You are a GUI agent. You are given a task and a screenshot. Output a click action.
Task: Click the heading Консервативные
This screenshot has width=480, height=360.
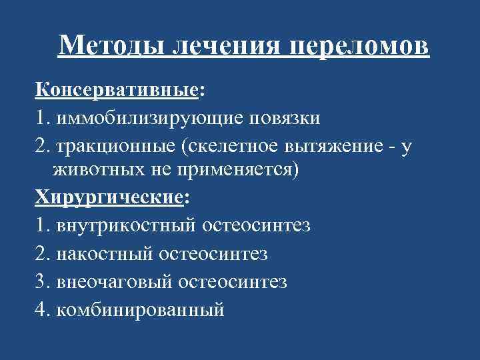[116, 91]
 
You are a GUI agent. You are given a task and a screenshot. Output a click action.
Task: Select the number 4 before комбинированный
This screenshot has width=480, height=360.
[41, 310]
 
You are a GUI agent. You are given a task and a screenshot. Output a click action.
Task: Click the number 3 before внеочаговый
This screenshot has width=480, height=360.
[41, 282]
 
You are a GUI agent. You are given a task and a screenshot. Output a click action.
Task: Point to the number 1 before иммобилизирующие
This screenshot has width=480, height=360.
[41, 119]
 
